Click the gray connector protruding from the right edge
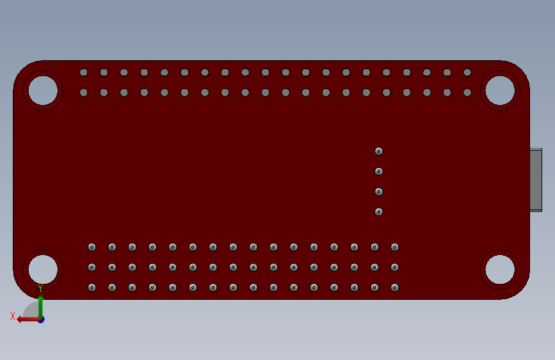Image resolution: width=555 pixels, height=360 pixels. (x=536, y=180)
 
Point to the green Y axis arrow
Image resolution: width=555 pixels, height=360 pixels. (x=40, y=307)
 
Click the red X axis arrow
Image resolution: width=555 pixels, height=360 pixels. (x=28, y=320)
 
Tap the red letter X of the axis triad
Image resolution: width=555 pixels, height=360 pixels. (x=13, y=316)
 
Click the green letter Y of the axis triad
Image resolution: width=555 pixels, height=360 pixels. (x=40, y=288)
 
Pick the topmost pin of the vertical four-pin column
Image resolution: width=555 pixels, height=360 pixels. (x=379, y=151)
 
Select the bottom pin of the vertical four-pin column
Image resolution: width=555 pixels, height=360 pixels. (x=379, y=212)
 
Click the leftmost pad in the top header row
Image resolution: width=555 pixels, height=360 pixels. (x=83, y=72)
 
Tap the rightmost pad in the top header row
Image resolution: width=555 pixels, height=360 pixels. (x=467, y=72)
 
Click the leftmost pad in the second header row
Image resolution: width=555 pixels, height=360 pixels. (x=83, y=92)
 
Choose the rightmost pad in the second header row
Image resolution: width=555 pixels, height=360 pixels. (x=467, y=92)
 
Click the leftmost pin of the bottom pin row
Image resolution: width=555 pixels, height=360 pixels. (x=92, y=288)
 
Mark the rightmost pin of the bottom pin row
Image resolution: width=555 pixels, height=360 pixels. (x=395, y=288)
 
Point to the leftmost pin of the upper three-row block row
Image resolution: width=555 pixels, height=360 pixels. (x=92, y=247)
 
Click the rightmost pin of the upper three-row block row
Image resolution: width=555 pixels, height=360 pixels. (x=395, y=247)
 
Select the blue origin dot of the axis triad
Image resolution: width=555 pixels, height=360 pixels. (x=42, y=320)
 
